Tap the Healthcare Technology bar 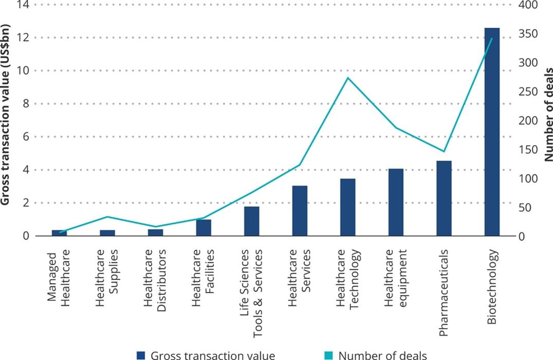(x=348, y=207)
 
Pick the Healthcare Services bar (x=300, y=211)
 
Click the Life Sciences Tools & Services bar (x=251, y=221)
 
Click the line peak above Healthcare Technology (x=348, y=78)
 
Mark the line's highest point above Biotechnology (x=492, y=39)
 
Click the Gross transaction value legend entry (x=206, y=355)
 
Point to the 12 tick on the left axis (x=23, y=38)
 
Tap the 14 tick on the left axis (x=23, y=5)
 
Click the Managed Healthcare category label (x=59, y=278)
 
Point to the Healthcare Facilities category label (x=204, y=278)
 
